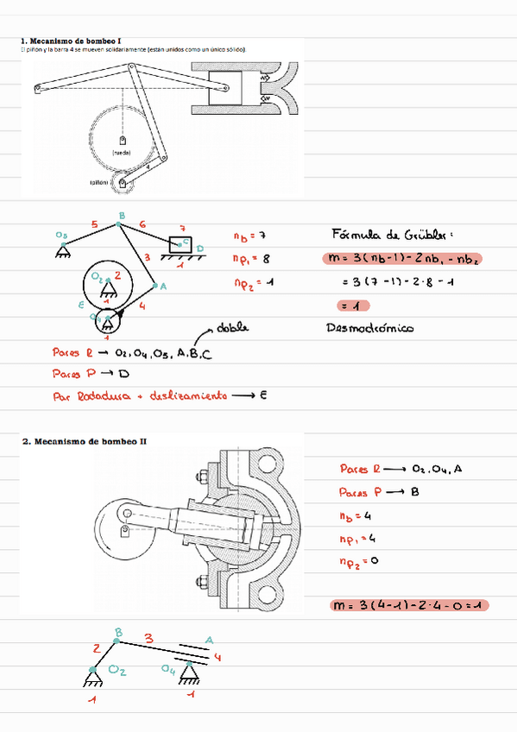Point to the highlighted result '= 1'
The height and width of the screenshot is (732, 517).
click(355, 305)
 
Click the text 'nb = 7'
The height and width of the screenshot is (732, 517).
click(250, 236)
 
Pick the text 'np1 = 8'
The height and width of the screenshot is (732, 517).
click(252, 258)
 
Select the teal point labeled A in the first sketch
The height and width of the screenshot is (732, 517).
click(156, 284)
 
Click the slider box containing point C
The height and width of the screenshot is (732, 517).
click(184, 242)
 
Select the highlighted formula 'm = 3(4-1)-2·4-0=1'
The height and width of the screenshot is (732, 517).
click(409, 605)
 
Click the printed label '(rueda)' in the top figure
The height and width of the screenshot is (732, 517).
click(122, 151)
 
